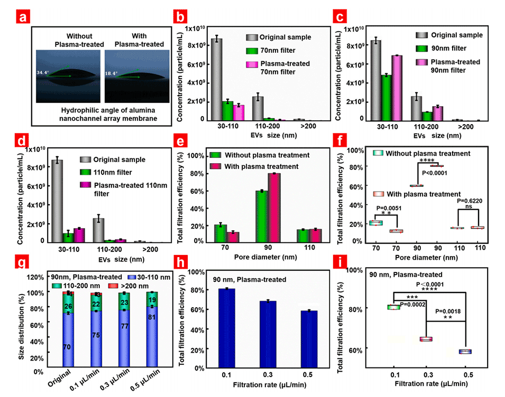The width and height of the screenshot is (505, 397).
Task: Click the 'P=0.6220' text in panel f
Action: [x=467, y=201]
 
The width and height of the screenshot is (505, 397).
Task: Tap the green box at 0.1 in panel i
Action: [x=393, y=307]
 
